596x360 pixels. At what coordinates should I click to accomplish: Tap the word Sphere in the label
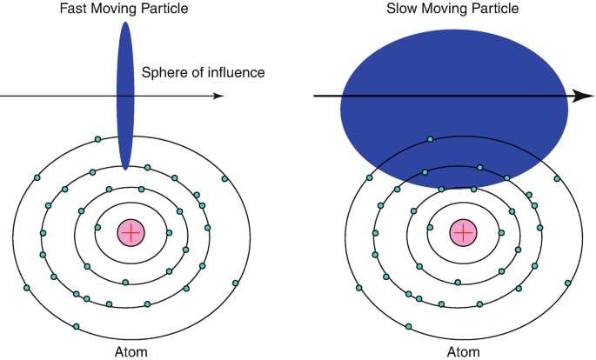click(163, 72)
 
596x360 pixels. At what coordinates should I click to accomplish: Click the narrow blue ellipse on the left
click(126, 96)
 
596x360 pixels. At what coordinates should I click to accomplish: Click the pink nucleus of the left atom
click(131, 232)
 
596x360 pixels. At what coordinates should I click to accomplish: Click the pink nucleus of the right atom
click(463, 232)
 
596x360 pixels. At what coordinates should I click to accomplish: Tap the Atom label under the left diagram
click(131, 351)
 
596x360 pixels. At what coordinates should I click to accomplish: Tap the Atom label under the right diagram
click(463, 351)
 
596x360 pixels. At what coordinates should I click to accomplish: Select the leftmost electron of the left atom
click(26, 288)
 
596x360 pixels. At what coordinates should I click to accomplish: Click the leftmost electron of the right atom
click(359, 288)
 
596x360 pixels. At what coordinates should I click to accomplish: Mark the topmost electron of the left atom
click(98, 139)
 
